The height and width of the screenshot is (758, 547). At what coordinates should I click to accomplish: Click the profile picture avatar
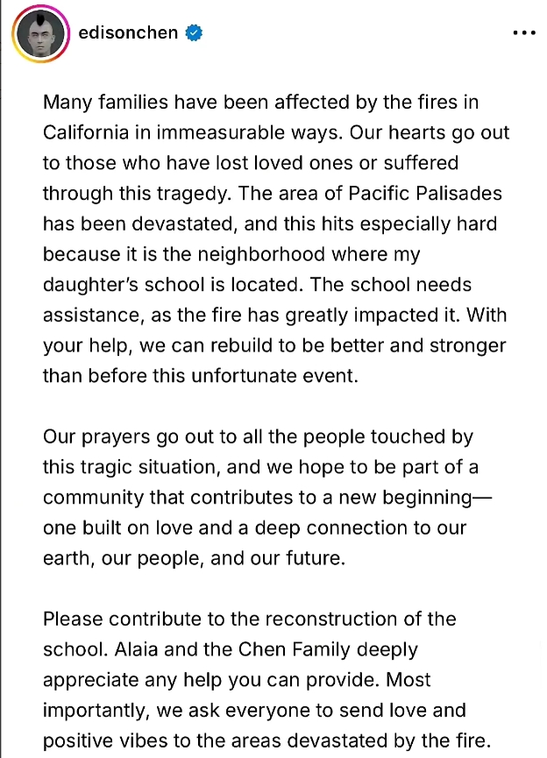coord(41,32)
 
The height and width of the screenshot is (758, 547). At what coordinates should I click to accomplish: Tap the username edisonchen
coord(128,33)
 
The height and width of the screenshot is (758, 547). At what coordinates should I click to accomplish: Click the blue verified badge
coord(195,33)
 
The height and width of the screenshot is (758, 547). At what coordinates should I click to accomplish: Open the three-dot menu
coord(523,33)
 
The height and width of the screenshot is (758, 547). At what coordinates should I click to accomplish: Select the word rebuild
coord(252,345)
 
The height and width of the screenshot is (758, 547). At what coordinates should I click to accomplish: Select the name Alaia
coord(134,649)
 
